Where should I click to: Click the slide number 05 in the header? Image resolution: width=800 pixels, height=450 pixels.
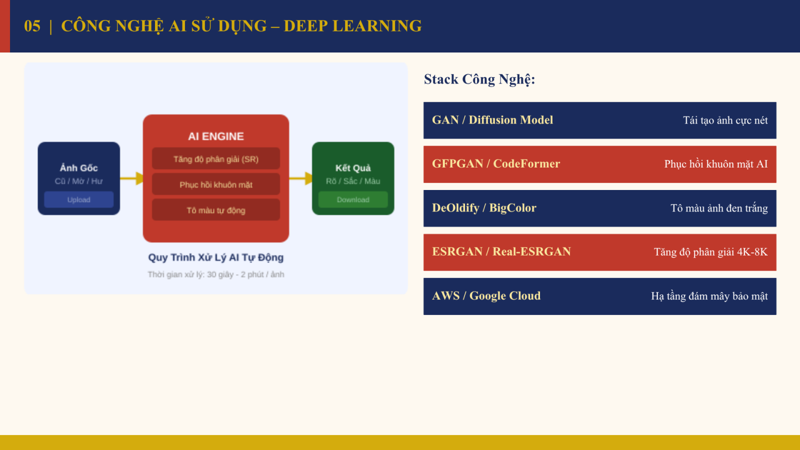click(32, 26)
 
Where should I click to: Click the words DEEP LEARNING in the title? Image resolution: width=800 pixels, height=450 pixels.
click(352, 26)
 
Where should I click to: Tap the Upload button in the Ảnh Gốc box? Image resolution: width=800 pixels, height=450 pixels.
click(79, 199)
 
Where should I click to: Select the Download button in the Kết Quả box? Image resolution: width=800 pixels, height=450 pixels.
click(353, 199)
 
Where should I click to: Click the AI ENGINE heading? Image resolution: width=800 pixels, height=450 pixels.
click(216, 136)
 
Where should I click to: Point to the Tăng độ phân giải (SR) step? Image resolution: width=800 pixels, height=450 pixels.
click(216, 158)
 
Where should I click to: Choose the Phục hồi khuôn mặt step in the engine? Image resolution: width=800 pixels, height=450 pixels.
click(216, 184)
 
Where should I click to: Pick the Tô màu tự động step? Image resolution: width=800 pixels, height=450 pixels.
click(216, 210)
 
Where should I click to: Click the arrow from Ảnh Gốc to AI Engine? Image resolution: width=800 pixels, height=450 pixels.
click(131, 178)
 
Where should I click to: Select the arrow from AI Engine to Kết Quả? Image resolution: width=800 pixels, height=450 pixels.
click(300, 178)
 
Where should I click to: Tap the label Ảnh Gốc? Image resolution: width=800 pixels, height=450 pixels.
click(78, 167)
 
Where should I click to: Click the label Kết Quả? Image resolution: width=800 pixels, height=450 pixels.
click(353, 167)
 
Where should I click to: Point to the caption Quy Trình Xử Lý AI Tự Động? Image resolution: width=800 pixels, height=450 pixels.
click(215, 257)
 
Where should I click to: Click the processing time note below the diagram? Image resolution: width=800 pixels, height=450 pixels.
click(215, 274)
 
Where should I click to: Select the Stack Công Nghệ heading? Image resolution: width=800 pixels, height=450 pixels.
click(479, 79)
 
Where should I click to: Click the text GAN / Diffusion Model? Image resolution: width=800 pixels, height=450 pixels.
click(492, 120)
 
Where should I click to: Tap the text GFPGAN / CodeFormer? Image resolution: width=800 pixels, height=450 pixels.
click(496, 164)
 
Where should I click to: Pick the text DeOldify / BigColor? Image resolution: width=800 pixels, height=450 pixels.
click(484, 208)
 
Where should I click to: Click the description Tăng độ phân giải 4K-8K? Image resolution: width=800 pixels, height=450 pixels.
click(710, 252)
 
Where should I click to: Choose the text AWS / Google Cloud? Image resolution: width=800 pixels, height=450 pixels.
click(486, 295)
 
